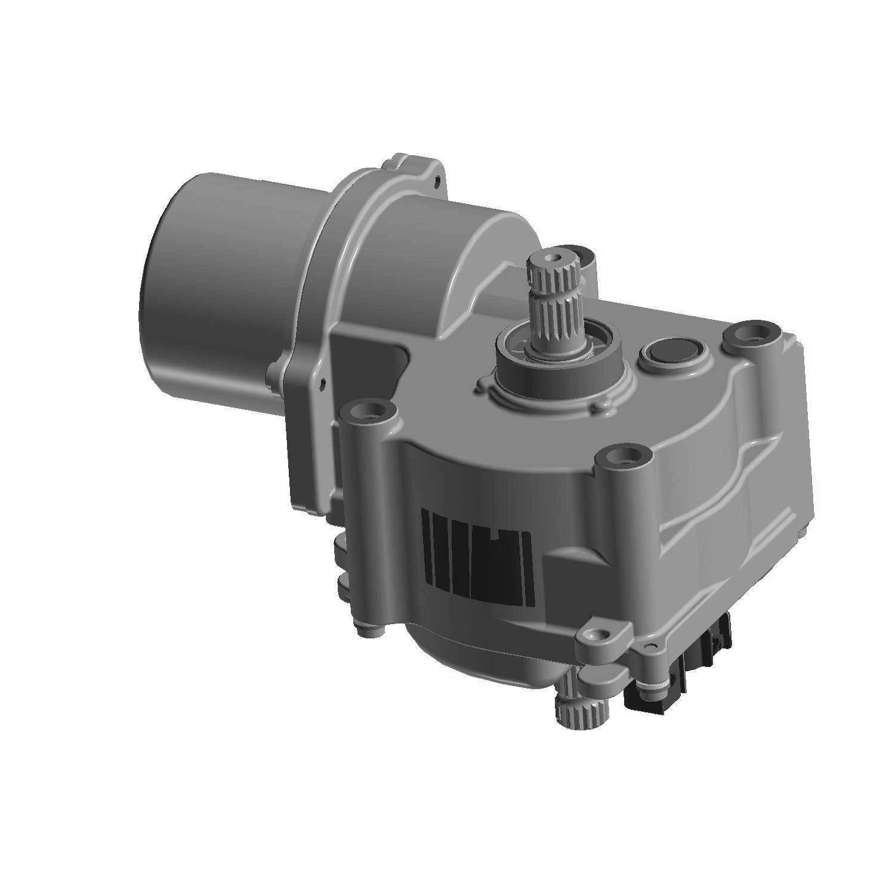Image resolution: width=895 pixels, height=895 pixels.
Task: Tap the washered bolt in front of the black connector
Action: (x=647, y=684)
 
